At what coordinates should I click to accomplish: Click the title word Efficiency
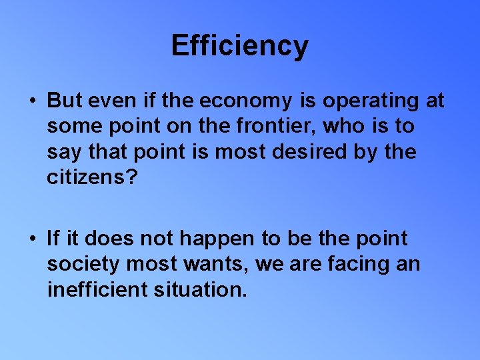click(x=239, y=46)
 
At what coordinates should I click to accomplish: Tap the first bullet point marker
click(x=32, y=101)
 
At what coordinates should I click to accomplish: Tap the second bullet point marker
click(x=32, y=239)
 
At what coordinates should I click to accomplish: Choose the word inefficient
click(x=97, y=289)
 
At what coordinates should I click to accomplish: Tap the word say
click(x=63, y=153)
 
